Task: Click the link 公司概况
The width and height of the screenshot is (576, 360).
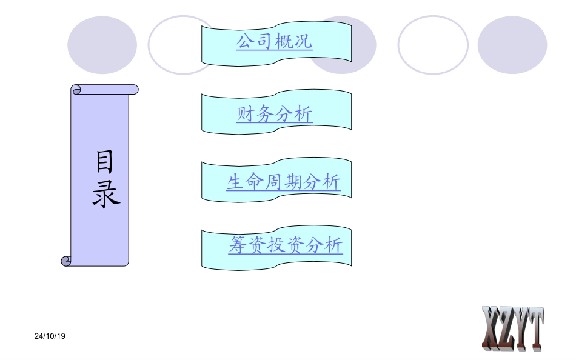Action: pyautogui.click(x=274, y=41)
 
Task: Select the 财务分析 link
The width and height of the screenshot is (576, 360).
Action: pyautogui.click(x=275, y=114)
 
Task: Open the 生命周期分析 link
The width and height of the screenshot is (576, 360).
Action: pyautogui.click(x=284, y=182)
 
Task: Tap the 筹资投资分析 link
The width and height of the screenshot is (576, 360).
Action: pyautogui.click(x=286, y=245)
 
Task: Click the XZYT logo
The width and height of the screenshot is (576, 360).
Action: pyautogui.click(x=513, y=328)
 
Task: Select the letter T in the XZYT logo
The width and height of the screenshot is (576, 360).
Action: pyautogui.click(x=535, y=328)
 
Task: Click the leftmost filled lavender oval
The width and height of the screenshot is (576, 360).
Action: pyautogui.click(x=102, y=45)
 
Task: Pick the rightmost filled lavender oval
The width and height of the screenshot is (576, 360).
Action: pyautogui.click(x=512, y=45)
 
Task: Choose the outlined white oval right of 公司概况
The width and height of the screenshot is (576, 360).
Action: pyautogui.click(x=433, y=45)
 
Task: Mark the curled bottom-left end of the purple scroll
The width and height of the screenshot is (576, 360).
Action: pyautogui.click(x=67, y=261)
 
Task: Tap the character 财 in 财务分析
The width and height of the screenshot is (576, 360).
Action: pyautogui.click(x=246, y=114)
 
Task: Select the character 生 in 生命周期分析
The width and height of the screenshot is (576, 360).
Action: pyautogui.click(x=236, y=182)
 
